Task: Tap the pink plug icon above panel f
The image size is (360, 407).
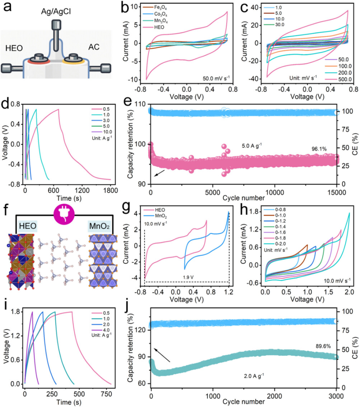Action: click(x=64, y=210)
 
